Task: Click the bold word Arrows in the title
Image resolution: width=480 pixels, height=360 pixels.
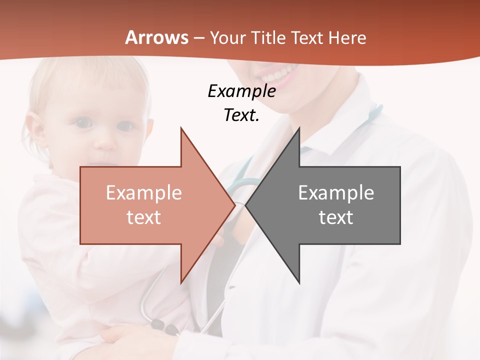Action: (x=157, y=37)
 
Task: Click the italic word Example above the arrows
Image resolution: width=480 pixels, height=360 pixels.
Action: (x=241, y=91)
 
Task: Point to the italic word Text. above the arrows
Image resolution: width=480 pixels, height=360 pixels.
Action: (x=241, y=115)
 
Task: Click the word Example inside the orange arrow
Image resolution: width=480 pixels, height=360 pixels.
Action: (x=144, y=193)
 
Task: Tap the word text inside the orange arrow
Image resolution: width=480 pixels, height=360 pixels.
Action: (x=144, y=217)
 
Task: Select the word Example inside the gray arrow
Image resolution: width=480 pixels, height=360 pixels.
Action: (x=336, y=193)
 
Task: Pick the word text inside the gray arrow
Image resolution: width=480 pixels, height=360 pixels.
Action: (x=336, y=217)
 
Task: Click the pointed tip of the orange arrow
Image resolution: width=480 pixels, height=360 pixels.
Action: (x=234, y=205)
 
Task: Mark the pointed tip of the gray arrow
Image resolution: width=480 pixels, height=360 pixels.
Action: (x=246, y=205)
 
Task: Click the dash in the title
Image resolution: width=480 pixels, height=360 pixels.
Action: (x=198, y=38)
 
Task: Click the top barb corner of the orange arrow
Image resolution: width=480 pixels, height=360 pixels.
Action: (x=181, y=128)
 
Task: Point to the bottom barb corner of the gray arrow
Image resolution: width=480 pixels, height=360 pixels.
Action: (x=299, y=283)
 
